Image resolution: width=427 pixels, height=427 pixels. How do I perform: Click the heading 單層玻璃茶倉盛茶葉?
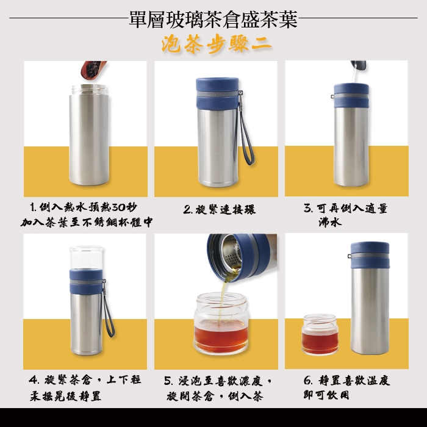coord(213,20)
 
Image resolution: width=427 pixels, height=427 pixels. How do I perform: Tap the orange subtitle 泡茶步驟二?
coord(217,44)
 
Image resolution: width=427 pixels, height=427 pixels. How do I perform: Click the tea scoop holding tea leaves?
coord(93,70)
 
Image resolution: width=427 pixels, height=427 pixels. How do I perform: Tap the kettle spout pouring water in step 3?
coord(359,65)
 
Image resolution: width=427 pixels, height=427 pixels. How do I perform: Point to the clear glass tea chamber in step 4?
coord(87,257)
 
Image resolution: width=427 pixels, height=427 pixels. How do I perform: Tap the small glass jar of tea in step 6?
coord(320,334)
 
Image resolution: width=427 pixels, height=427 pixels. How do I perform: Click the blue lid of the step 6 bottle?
coord(370,255)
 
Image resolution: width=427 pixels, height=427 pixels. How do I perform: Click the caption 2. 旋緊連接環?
coord(220,210)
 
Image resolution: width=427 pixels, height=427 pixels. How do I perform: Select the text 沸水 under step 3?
coord(330,223)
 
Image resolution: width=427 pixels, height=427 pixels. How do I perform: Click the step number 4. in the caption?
coord(34,379)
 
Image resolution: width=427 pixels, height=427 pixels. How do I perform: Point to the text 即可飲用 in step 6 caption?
coord(326,395)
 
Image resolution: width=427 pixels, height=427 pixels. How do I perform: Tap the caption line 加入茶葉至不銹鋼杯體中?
coord(87,223)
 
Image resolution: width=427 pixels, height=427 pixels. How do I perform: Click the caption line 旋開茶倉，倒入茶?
coord(215,396)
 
